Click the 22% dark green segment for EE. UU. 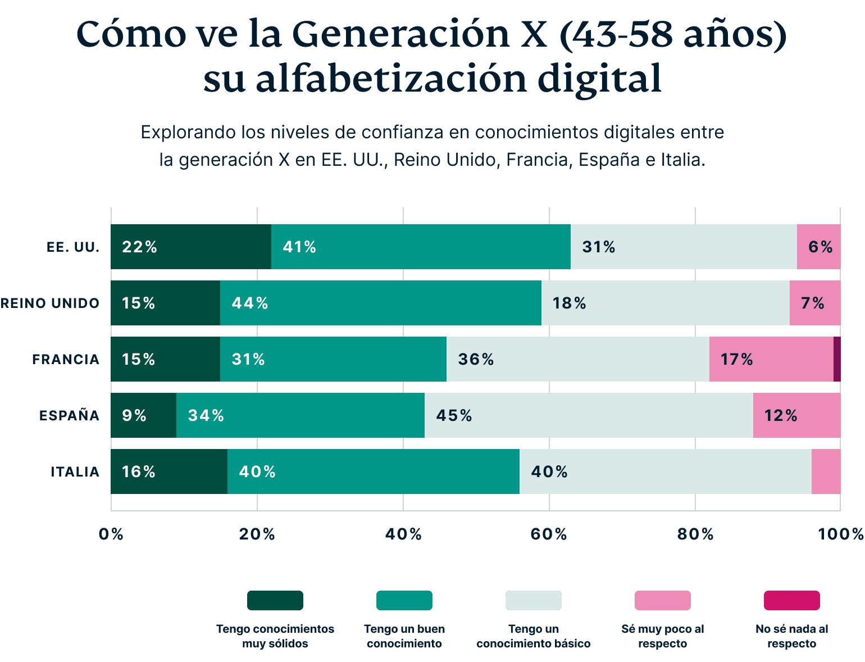(191, 247)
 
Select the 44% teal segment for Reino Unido (380, 303)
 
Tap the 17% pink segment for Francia (771, 359)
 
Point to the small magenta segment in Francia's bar (837, 359)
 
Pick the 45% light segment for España (588, 415)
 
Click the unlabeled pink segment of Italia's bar (826, 471)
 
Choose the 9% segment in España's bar (143, 415)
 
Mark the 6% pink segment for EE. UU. (818, 247)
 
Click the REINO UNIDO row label (50, 303)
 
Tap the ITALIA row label (75, 471)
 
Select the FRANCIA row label (66, 360)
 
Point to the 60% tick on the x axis (549, 534)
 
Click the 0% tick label (111, 534)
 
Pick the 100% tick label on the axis (840, 534)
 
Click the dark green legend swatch (275, 600)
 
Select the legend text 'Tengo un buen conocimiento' (404, 636)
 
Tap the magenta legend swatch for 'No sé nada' (791, 600)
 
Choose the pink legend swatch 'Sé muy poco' (662, 600)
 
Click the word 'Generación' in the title (400, 35)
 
